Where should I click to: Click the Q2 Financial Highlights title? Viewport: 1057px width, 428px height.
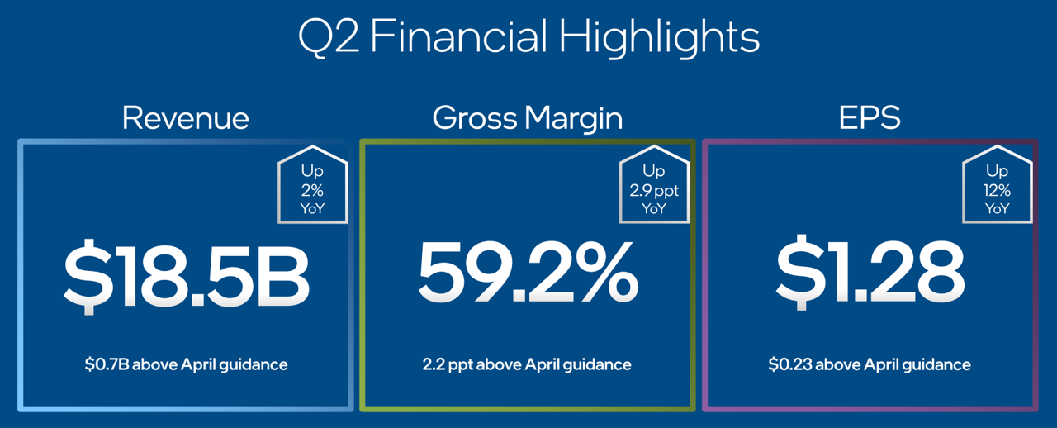pos(529,38)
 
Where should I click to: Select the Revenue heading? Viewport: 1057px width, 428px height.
pos(186,117)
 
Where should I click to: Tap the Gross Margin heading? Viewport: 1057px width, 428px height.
pos(528,119)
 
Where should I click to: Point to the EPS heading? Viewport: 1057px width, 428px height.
pos(870,117)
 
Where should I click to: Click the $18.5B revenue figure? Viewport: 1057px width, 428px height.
pos(187,275)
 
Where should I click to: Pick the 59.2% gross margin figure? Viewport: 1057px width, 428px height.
pos(528,272)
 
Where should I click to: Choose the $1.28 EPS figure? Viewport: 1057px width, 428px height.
pos(870,272)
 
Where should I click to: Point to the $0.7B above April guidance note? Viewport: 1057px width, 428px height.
pos(186,365)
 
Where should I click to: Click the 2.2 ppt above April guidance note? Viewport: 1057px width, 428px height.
pos(527,365)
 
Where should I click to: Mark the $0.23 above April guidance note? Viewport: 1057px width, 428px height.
pos(870,365)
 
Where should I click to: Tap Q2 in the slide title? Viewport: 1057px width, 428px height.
pos(329,38)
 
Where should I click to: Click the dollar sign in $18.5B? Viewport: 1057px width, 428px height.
pos(88,276)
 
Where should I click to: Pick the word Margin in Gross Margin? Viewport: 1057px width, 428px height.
pos(574,119)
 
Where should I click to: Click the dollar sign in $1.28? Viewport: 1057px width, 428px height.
pos(801,273)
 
